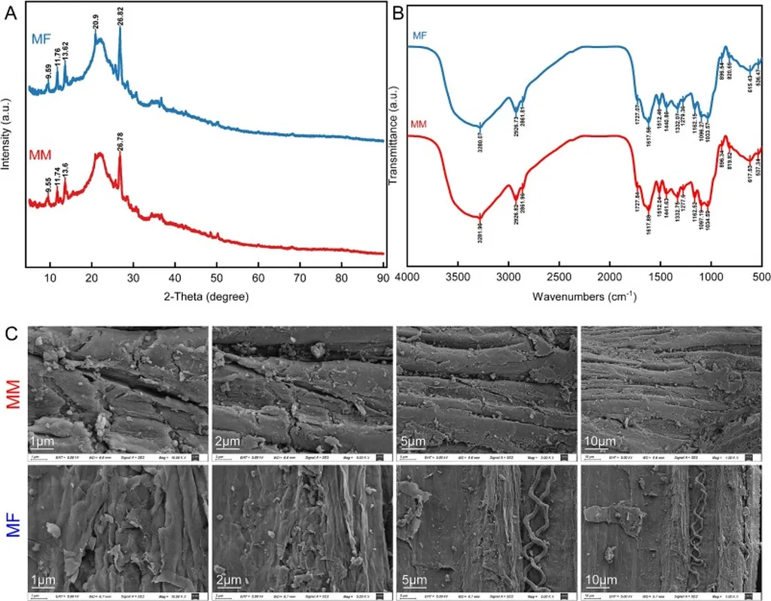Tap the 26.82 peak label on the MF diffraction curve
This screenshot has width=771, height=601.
click(120, 17)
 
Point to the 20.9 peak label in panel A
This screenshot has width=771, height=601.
click(96, 26)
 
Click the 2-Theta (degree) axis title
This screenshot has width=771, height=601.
click(206, 296)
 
